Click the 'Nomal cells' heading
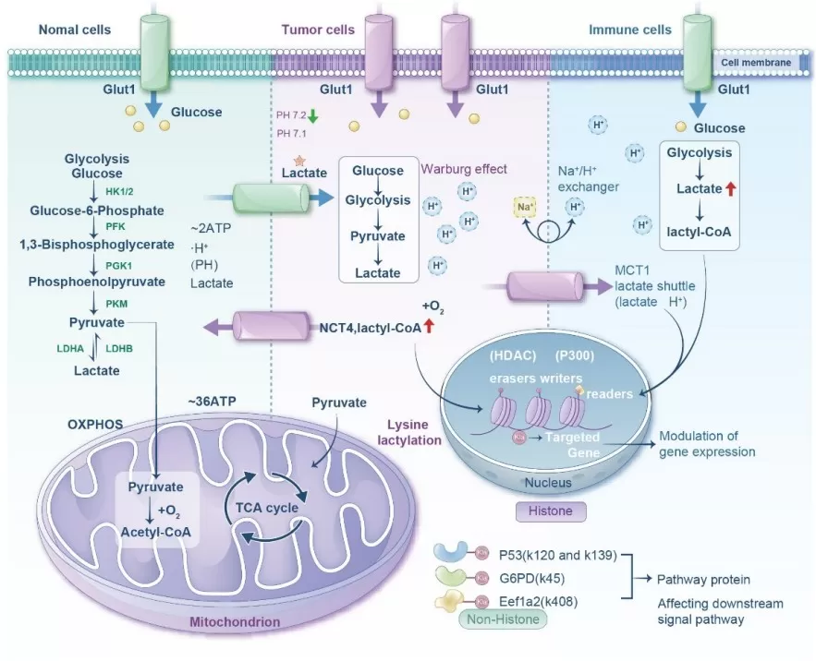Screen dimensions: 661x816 74,30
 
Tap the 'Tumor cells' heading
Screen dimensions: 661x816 317,30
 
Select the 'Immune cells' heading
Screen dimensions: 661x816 630,30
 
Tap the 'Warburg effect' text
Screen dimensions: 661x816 464,170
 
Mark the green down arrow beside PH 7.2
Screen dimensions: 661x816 313,116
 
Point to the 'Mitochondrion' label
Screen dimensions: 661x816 235,622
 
